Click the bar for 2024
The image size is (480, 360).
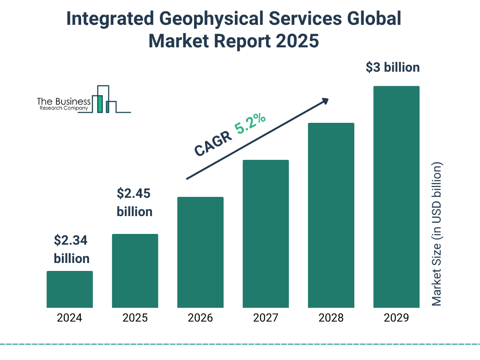[x=69, y=289]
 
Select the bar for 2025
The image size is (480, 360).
[x=135, y=270]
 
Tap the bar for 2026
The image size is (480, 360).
[x=200, y=252]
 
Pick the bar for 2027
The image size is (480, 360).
[x=266, y=233]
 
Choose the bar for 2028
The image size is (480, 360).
[x=331, y=215]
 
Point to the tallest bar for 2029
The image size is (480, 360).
[x=396, y=197]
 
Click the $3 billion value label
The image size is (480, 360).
[x=393, y=67]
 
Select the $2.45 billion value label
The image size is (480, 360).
[x=135, y=202]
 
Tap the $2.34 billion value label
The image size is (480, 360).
[x=71, y=249]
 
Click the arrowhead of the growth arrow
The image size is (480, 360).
[x=324, y=100]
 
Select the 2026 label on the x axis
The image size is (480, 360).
[x=200, y=318]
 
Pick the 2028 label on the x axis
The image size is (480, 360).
[x=331, y=318]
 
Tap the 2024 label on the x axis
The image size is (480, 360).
[x=69, y=318]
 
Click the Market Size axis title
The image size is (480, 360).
[x=437, y=234]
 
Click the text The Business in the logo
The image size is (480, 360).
[x=64, y=102]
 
